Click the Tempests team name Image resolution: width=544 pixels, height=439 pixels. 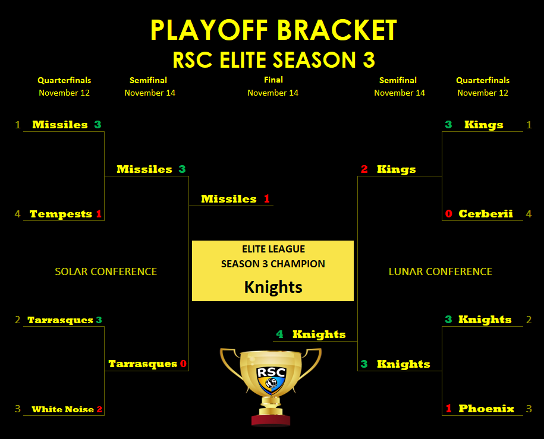pyautogui.click(x=61, y=214)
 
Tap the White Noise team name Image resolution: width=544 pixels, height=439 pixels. pyautogui.click(x=63, y=409)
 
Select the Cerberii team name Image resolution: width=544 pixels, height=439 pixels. pyautogui.click(x=485, y=214)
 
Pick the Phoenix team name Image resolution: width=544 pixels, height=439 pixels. pyautogui.click(x=486, y=409)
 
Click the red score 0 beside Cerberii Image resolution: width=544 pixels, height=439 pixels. pyautogui.click(x=449, y=214)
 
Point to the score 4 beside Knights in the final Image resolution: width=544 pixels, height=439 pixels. pyautogui.click(x=279, y=334)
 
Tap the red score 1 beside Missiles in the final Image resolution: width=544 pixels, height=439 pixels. pyautogui.click(x=266, y=198)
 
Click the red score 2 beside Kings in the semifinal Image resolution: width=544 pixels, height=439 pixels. pyautogui.click(x=364, y=169)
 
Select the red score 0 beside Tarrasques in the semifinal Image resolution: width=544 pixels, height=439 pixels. pyautogui.click(x=183, y=364)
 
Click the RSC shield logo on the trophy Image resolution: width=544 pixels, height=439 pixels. pyautogui.click(x=271, y=380)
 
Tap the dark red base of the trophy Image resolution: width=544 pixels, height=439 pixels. pyautogui.click(x=271, y=419)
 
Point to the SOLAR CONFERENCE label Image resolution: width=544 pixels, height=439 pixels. pyautogui.click(x=106, y=271)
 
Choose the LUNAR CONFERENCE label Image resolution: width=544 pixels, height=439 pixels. pyautogui.click(x=441, y=271)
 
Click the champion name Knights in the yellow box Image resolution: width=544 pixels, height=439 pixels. pyautogui.click(x=273, y=287)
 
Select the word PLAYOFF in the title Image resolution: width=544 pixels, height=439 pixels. pyautogui.click(x=209, y=30)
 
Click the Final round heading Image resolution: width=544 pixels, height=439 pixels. pyautogui.click(x=273, y=80)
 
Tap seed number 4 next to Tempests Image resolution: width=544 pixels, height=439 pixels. pyautogui.click(x=17, y=214)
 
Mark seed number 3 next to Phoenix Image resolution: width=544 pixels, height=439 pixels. pyautogui.click(x=529, y=409)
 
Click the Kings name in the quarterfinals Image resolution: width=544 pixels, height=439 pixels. pyautogui.click(x=483, y=125)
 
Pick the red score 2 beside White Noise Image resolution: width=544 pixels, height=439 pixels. pyautogui.click(x=99, y=409)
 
